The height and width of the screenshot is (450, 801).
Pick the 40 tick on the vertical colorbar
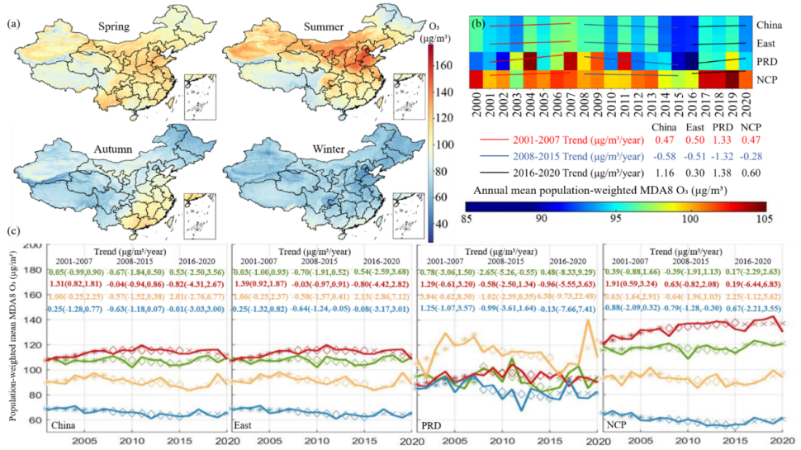click(x=441, y=224)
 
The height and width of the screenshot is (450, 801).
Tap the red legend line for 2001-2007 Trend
click(x=485, y=135)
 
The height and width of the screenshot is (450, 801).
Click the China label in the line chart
click(x=64, y=424)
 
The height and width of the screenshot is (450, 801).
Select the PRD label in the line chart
click(x=431, y=424)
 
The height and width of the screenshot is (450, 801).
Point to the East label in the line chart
click(x=246, y=424)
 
